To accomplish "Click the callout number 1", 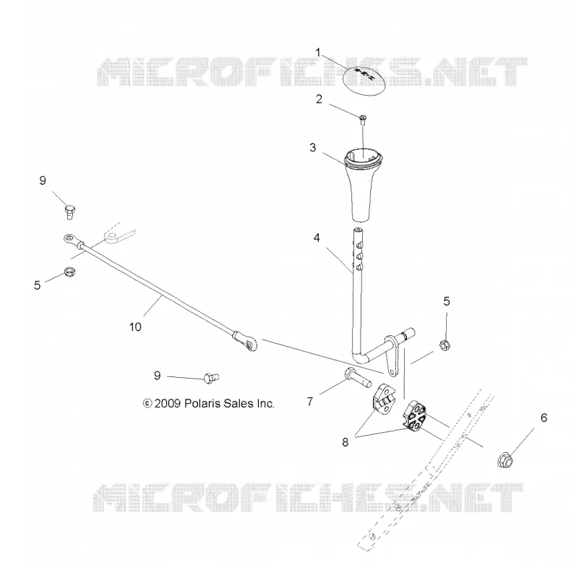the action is (318, 52).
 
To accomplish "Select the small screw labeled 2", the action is (363, 119).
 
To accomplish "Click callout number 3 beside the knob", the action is (313, 148).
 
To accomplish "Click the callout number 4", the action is (317, 238).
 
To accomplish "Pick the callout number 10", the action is (135, 327).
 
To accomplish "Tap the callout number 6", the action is (544, 418).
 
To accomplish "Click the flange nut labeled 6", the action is (505, 460).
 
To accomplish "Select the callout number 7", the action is (310, 401).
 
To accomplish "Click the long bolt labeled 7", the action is (359, 377).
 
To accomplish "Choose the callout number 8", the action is (345, 442).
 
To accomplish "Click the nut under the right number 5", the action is (445, 346).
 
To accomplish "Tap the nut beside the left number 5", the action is (69, 272).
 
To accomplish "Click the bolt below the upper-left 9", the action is (69, 212).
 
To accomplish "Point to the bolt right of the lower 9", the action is (211, 378).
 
